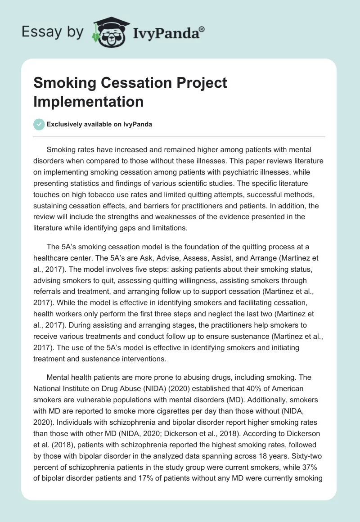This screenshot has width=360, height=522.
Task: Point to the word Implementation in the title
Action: point(89,101)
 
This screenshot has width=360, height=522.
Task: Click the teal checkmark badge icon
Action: point(39,124)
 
